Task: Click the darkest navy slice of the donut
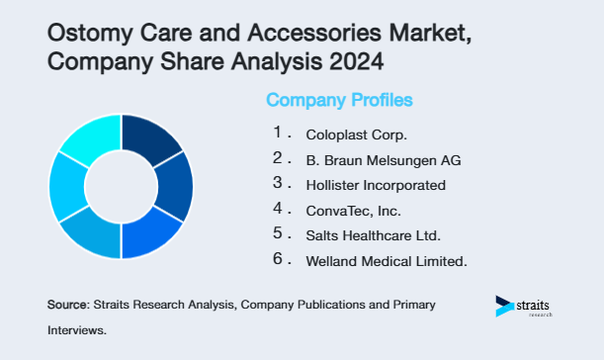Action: [151, 139]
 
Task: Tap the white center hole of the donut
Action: [121, 186]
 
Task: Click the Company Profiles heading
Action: [339, 101]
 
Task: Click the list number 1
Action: [278, 132]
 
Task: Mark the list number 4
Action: [278, 209]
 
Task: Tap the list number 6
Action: [278, 260]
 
